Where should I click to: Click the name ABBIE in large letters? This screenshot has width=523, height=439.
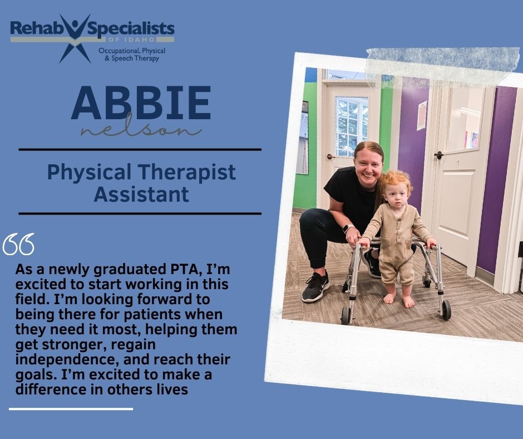click(x=141, y=103)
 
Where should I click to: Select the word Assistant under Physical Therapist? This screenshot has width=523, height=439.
click(x=141, y=194)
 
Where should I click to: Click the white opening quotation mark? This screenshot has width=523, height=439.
click(x=19, y=244)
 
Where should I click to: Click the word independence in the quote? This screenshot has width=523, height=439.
click(x=65, y=359)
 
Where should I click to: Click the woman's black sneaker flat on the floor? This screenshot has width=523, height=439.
click(x=315, y=287)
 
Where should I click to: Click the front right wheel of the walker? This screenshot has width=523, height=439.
click(x=446, y=310)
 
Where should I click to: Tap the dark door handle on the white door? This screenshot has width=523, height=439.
click(x=438, y=155)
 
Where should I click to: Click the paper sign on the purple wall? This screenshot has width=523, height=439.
click(x=422, y=115)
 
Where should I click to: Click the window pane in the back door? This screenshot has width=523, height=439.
click(x=352, y=127)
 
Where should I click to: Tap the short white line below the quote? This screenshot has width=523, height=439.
click(x=71, y=408)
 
